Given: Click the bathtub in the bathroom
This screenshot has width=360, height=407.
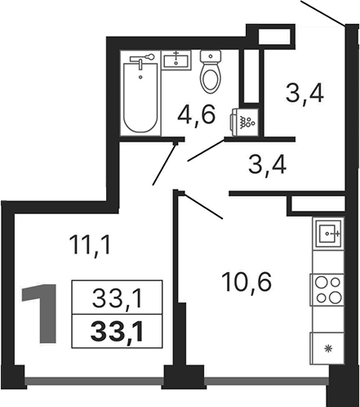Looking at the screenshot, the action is (x=140, y=97).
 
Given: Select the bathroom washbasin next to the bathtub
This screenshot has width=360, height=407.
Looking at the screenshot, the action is (x=176, y=60).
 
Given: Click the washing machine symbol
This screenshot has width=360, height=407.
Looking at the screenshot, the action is (x=244, y=122).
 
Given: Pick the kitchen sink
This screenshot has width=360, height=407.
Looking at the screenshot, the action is (x=328, y=234).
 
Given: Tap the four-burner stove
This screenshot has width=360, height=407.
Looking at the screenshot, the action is (x=327, y=290).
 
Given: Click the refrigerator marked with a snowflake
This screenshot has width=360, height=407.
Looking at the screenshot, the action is (x=327, y=349).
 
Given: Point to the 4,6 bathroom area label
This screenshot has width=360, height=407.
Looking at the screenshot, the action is (x=196, y=115).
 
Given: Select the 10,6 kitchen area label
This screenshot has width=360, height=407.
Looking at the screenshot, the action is (x=247, y=282).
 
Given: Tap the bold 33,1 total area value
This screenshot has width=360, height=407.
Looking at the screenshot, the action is (x=117, y=331).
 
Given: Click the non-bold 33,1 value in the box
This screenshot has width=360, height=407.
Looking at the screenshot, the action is (x=117, y=298).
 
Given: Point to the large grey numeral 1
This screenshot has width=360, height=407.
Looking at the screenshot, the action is (x=41, y=313).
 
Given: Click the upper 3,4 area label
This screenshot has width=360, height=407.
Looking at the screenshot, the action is (x=304, y=93).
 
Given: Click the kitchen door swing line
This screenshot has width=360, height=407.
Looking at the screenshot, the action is (x=203, y=205).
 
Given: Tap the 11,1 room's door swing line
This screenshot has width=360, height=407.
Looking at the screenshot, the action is (x=164, y=163).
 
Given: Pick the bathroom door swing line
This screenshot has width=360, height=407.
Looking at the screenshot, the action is (x=207, y=150).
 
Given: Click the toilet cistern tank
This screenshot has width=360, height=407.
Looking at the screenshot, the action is (x=211, y=56).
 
